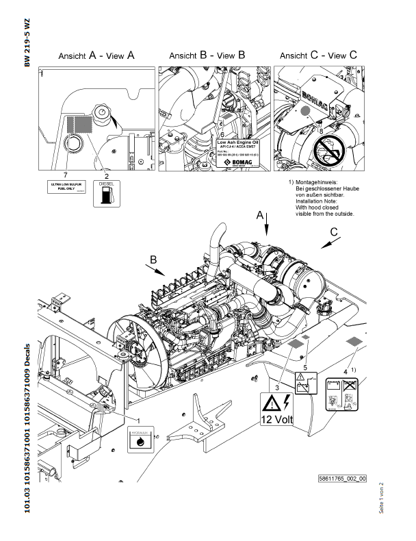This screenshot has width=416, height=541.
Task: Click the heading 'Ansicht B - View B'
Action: [x=207, y=55]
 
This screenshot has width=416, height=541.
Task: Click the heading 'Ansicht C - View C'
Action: [x=318, y=55]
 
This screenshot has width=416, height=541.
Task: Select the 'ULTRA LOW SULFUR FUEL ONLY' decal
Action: [x=65, y=188]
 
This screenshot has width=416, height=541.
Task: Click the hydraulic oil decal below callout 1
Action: [x=142, y=438]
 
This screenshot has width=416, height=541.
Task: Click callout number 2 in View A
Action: [x=107, y=176]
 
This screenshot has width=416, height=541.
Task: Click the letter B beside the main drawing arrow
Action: [x=154, y=260]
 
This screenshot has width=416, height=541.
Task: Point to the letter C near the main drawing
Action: [x=333, y=233]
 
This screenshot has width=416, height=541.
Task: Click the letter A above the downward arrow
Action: [x=259, y=215]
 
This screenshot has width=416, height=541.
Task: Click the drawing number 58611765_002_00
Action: [x=342, y=479]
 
